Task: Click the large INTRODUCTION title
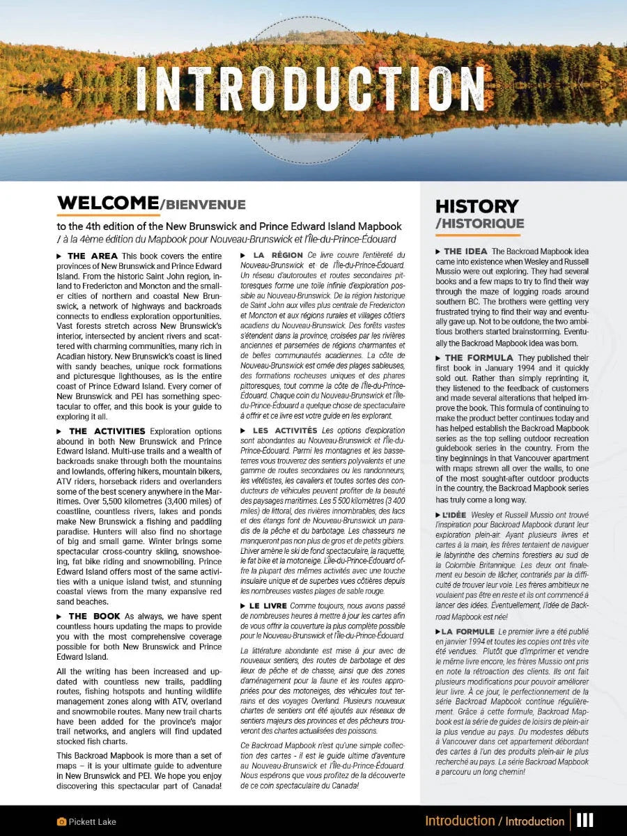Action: [310, 88]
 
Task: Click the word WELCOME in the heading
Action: [108, 203]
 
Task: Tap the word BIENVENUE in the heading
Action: [205, 205]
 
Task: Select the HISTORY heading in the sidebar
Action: [477, 206]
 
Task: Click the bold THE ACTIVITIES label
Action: [107, 431]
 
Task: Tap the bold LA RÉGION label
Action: [278, 256]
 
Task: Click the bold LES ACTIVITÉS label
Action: [285, 431]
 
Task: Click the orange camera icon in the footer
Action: [61, 822]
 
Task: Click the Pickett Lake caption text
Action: [92, 822]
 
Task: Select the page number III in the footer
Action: [585, 821]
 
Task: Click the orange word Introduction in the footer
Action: [459, 821]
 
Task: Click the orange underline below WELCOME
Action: [108, 215]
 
